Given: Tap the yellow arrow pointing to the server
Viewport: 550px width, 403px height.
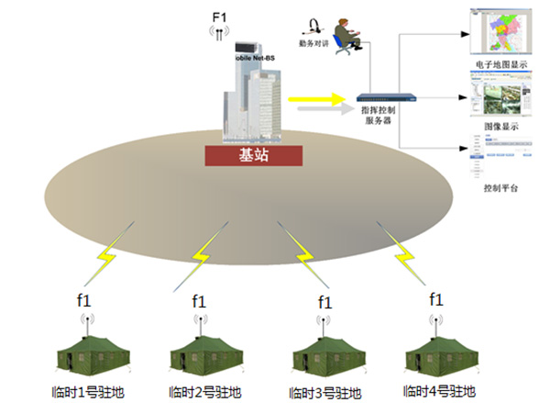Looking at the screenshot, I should pyautogui.click(x=316, y=97).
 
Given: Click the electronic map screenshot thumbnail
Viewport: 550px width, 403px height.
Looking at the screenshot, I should pyautogui.click(x=496, y=30).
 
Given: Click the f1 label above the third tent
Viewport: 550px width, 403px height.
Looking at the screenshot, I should pyautogui.click(x=324, y=301).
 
